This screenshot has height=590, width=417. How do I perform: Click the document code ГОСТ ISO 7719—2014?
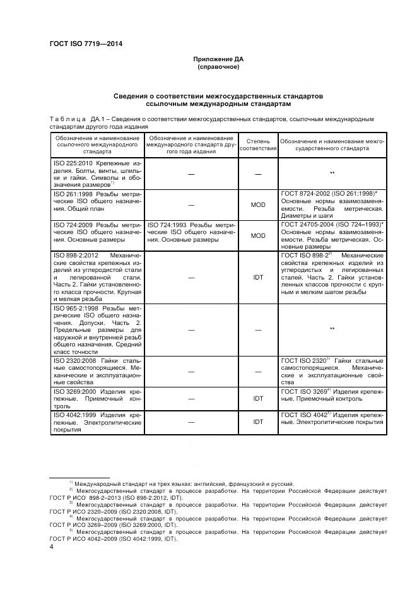point(85,44)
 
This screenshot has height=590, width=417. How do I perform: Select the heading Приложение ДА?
point(218,59)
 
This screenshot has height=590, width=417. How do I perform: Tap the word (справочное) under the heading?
point(218,67)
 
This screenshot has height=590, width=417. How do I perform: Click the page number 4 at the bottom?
point(51,547)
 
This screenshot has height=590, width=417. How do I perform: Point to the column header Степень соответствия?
point(259,147)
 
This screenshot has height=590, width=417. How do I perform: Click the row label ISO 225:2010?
point(72,163)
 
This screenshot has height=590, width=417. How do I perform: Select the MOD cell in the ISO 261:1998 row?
point(258,204)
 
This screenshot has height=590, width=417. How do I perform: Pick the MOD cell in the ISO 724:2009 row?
point(258,235)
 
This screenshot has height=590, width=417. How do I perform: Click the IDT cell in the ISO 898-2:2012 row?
point(258,276)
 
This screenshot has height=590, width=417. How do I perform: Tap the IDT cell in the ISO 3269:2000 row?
point(258,399)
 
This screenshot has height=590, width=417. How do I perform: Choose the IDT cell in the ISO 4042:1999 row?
point(258,422)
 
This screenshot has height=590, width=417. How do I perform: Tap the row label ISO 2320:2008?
point(74,360)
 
